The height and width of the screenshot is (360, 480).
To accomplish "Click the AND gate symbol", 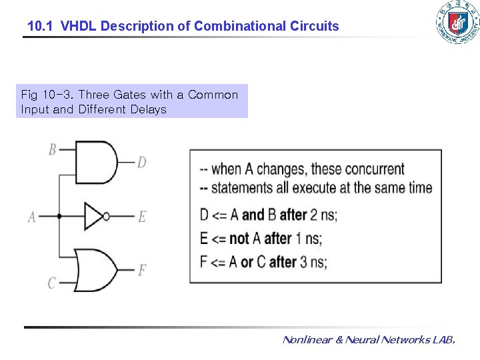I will (x=95, y=161).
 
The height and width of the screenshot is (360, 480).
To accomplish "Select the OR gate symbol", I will (x=95, y=269).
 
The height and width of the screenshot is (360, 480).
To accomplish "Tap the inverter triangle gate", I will (x=93, y=216).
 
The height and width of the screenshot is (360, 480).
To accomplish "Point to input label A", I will (x=31, y=217).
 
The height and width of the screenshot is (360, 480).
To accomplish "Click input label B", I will (x=52, y=149).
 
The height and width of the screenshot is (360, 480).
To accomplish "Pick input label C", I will (x=51, y=283).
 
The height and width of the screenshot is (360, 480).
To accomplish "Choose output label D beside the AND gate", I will (x=141, y=162).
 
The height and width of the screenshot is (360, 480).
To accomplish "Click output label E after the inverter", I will (x=141, y=217).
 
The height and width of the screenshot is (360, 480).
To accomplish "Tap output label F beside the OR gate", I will (x=141, y=270).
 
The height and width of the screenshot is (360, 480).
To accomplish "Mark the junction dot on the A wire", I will (x=59, y=216).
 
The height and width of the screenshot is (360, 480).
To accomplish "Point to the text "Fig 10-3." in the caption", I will (x=47, y=95).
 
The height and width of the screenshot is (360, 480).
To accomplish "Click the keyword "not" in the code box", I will (x=239, y=238).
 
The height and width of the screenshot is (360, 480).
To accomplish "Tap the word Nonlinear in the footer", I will (x=307, y=340).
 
